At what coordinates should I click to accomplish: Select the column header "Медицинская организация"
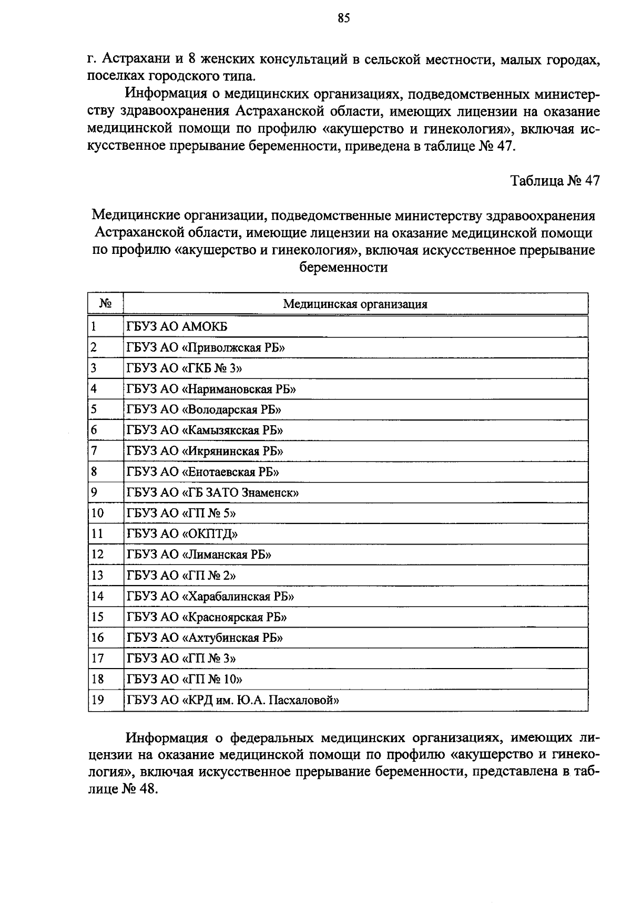pyautogui.click(x=355, y=304)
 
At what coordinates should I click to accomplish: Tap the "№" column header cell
pyautogui.click(x=105, y=304)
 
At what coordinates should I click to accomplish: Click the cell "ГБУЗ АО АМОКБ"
pyautogui.click(x=177, y=327)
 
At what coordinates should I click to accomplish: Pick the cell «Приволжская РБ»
pyautogui.click(x=206, y=347)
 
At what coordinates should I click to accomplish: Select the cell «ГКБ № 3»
pyautogui.click(x=184, y=368)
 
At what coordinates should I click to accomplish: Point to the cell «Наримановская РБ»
pyautogui.click(x=211, y=389)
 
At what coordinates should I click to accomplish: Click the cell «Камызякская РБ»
pyautogui.click(x=205, y=430)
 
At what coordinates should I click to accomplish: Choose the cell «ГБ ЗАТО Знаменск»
pyautogui.click(x=213, y=492)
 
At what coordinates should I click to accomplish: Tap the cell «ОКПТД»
pyautogui.click(x=182, y=534)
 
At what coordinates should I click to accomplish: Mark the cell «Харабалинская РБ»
pyautogui.click(x=210, y=596)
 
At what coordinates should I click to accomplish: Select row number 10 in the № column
pyautogui.click(x=98, y=513)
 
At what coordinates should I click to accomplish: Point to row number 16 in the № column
pyautogui.click(x=98, y=638)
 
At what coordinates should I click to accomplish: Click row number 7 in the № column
pyautogui.click(x=95, y=451)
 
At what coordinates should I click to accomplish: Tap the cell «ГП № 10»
pyautogui.click(x=185, y=679)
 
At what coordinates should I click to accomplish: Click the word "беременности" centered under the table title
pyautogui.click(x=343, y=267)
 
